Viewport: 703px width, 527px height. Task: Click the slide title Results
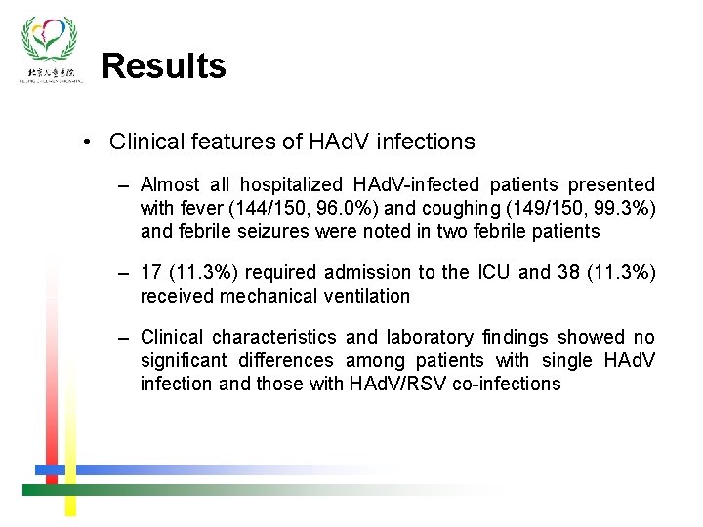[163, 66]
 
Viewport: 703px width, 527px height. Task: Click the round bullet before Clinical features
[89, 142]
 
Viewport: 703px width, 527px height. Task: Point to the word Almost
[171, 184]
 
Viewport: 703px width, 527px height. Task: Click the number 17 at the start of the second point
[152, 272]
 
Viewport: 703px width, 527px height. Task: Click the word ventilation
[365, 296]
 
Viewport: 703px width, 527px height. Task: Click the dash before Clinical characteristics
[122, 337]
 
